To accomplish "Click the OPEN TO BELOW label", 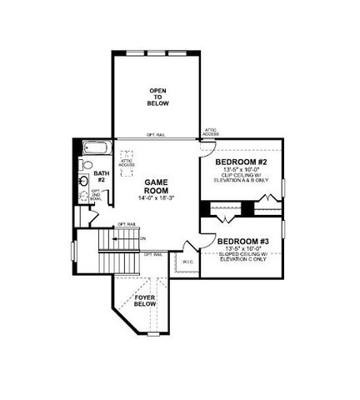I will point(158,97).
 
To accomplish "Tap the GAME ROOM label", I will point(157,186).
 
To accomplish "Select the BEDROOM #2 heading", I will point(240,162).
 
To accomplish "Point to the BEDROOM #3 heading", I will point(244,241).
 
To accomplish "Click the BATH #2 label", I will point(100,176).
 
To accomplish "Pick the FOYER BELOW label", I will point(145,301).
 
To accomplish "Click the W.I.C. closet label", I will point(187,262).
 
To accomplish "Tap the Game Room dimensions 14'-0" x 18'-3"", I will point(157,198).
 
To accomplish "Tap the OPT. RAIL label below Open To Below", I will point(156,135).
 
